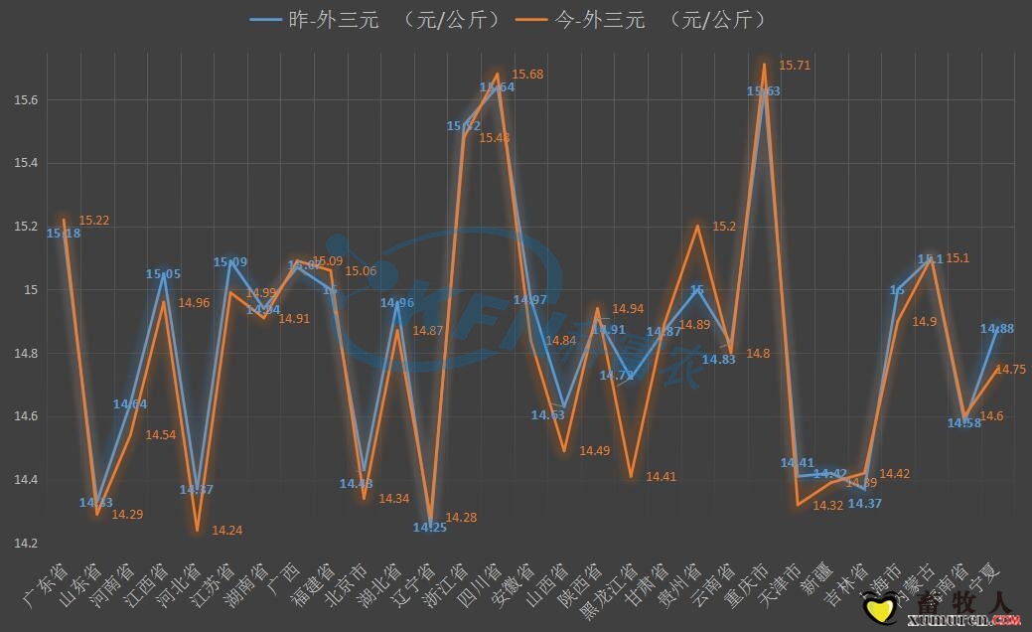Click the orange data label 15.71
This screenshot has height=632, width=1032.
[x=795, y=66]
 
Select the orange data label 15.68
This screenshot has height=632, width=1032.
[x=527, y=75]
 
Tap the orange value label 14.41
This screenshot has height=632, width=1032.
[x=661, y=477]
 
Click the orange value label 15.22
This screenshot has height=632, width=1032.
[x=94, y=221]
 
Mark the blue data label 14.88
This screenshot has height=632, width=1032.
[x=996, y=329]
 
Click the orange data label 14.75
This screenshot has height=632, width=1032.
[x=1011, y=369]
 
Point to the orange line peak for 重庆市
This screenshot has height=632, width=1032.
[x=764, y=65]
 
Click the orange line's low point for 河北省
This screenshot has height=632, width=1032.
[x=197, y=530]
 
